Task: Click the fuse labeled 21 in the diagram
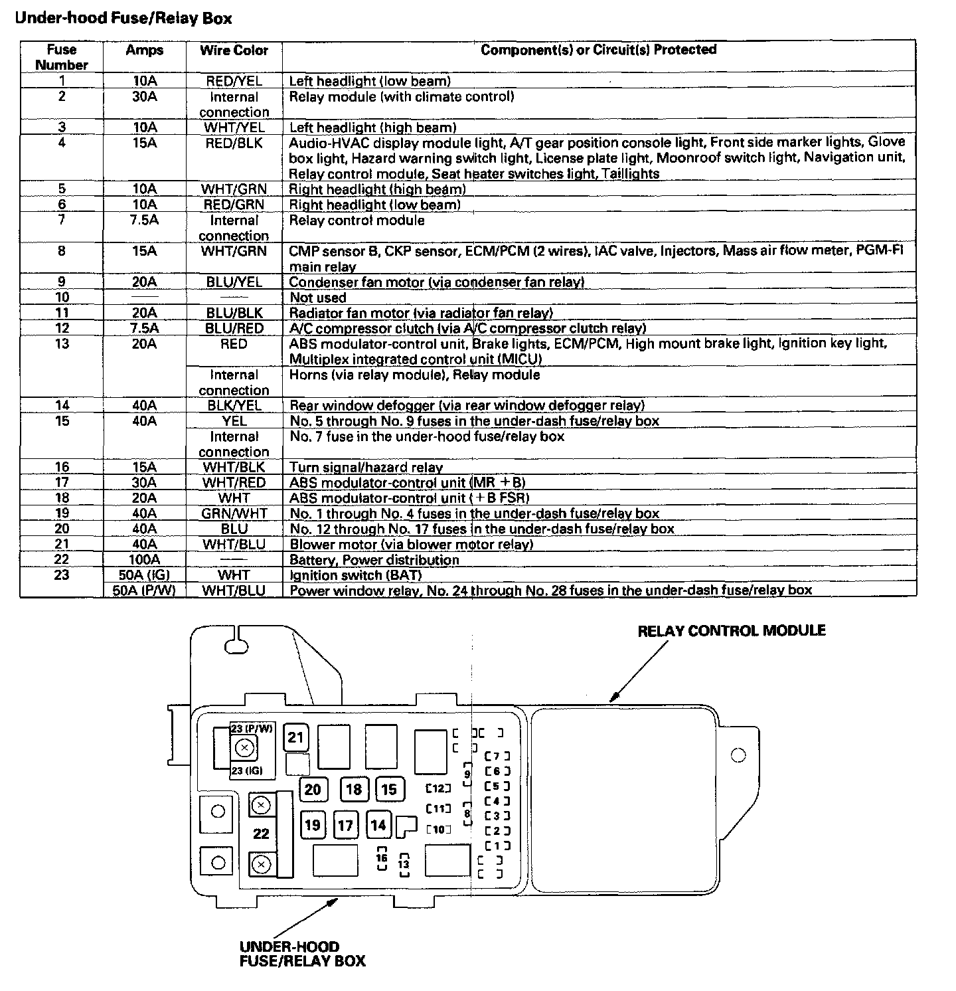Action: pos(295,737)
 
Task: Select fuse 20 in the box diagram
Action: pos(313,789)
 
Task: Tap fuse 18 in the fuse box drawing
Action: pos(354,789)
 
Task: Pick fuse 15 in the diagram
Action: pos(389,789)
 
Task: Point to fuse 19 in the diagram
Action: pos(313,825)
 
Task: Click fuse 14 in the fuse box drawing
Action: pos(378,825)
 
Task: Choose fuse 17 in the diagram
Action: pos(345,826)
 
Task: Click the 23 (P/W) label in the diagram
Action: pos(252,729)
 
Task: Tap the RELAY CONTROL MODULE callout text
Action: pos(732,630)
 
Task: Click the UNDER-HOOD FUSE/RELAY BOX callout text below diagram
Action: pos(302,953)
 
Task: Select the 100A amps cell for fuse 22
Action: pos(144,560)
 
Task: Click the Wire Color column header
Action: pos(234,50)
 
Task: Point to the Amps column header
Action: pos(144,50)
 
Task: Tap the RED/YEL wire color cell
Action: pos(234,81)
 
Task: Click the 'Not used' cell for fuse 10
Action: pos(318,298)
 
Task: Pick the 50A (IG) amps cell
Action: pos(144,575)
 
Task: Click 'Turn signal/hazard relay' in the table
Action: pos(366,468)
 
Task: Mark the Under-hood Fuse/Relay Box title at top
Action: pos(123,18)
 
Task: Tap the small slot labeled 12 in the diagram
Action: pos(438,788)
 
